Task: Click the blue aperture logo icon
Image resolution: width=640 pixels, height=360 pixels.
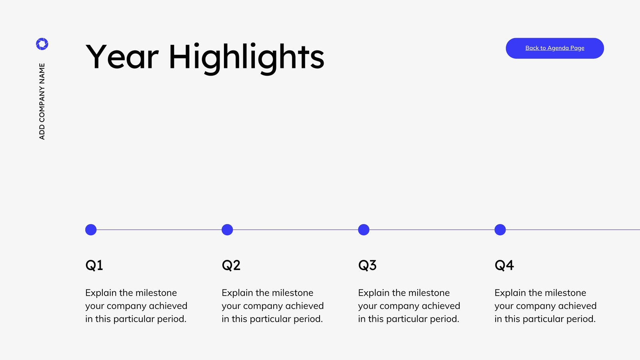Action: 42,44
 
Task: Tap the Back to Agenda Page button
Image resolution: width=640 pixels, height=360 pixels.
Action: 554,48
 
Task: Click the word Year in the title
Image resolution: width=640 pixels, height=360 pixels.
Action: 122,56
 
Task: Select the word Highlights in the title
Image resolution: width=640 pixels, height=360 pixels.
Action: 246,58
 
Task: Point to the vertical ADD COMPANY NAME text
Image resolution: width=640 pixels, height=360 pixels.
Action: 42,102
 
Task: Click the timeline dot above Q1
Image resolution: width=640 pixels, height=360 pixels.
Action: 91,230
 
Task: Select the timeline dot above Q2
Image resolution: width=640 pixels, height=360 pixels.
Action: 227,230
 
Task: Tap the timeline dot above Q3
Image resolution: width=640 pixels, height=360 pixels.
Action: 364,230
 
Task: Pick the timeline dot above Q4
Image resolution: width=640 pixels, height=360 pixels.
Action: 500,230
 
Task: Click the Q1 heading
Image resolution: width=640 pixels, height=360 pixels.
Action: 94,266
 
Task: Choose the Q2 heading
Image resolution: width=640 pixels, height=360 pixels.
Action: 231,266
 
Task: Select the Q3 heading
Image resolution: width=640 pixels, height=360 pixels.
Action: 367,266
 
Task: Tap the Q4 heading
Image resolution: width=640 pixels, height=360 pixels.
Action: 504,266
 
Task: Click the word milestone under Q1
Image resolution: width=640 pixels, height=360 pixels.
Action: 156,293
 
